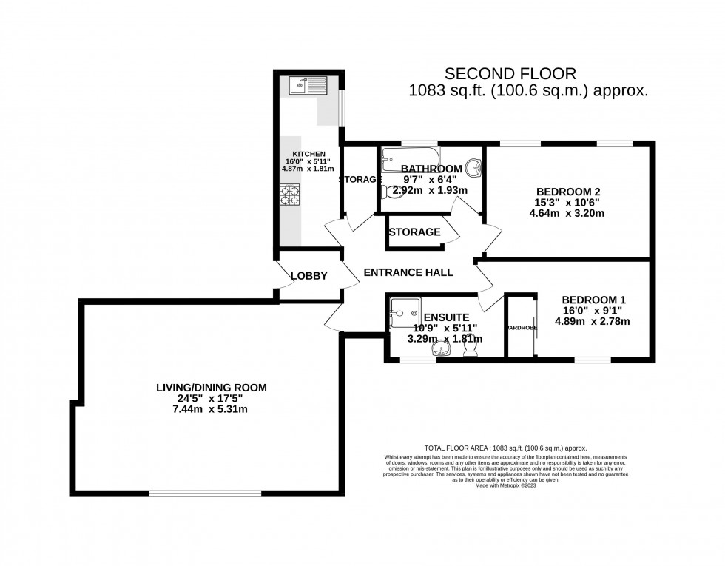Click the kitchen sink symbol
tap(306, 86)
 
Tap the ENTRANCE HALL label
tap(408, 272)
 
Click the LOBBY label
tap(308, 276)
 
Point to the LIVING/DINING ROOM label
tap(211, 387)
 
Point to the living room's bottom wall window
tap(203, 493)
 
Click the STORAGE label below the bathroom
tap(414, 232)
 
